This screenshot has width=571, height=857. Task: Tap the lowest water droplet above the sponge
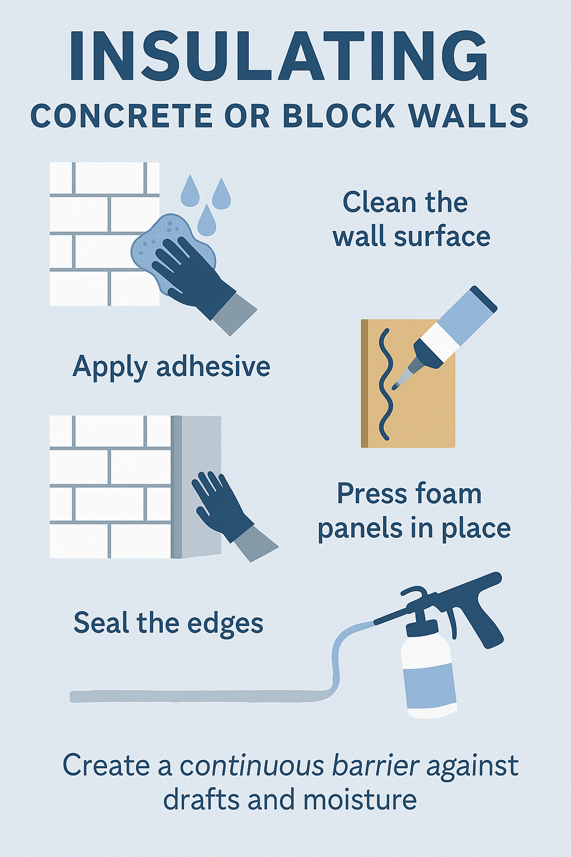click(207, 222)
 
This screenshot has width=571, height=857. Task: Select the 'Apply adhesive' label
click(171, 367)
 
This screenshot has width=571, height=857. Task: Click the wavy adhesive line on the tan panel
click(385, 385)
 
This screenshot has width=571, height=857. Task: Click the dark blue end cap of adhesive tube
click(483, 298)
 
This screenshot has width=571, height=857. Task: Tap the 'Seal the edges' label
click(168, 623)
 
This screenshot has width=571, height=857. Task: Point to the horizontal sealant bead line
click(195, 696)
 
